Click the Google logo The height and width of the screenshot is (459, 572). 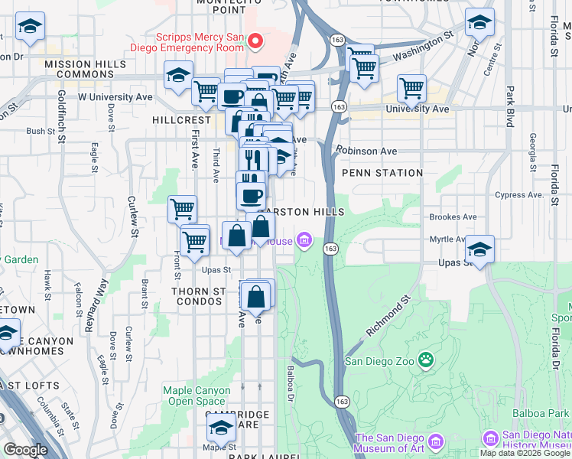[25, 450]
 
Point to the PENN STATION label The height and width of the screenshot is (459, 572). [382, 173]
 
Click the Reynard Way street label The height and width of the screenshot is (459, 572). [96, 305]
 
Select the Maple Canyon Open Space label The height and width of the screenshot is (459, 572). [197, 396]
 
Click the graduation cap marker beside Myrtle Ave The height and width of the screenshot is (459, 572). [480, 249]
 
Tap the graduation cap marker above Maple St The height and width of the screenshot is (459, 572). [220, 426]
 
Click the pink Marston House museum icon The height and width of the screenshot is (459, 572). [304, 242]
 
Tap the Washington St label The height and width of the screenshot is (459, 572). [423, 46]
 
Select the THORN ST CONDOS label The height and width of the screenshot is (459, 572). [199, 296]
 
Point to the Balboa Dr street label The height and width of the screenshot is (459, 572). [291, 383]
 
